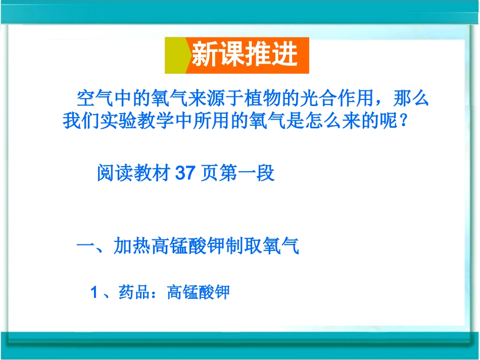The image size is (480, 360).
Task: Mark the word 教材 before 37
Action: [153, 174]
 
